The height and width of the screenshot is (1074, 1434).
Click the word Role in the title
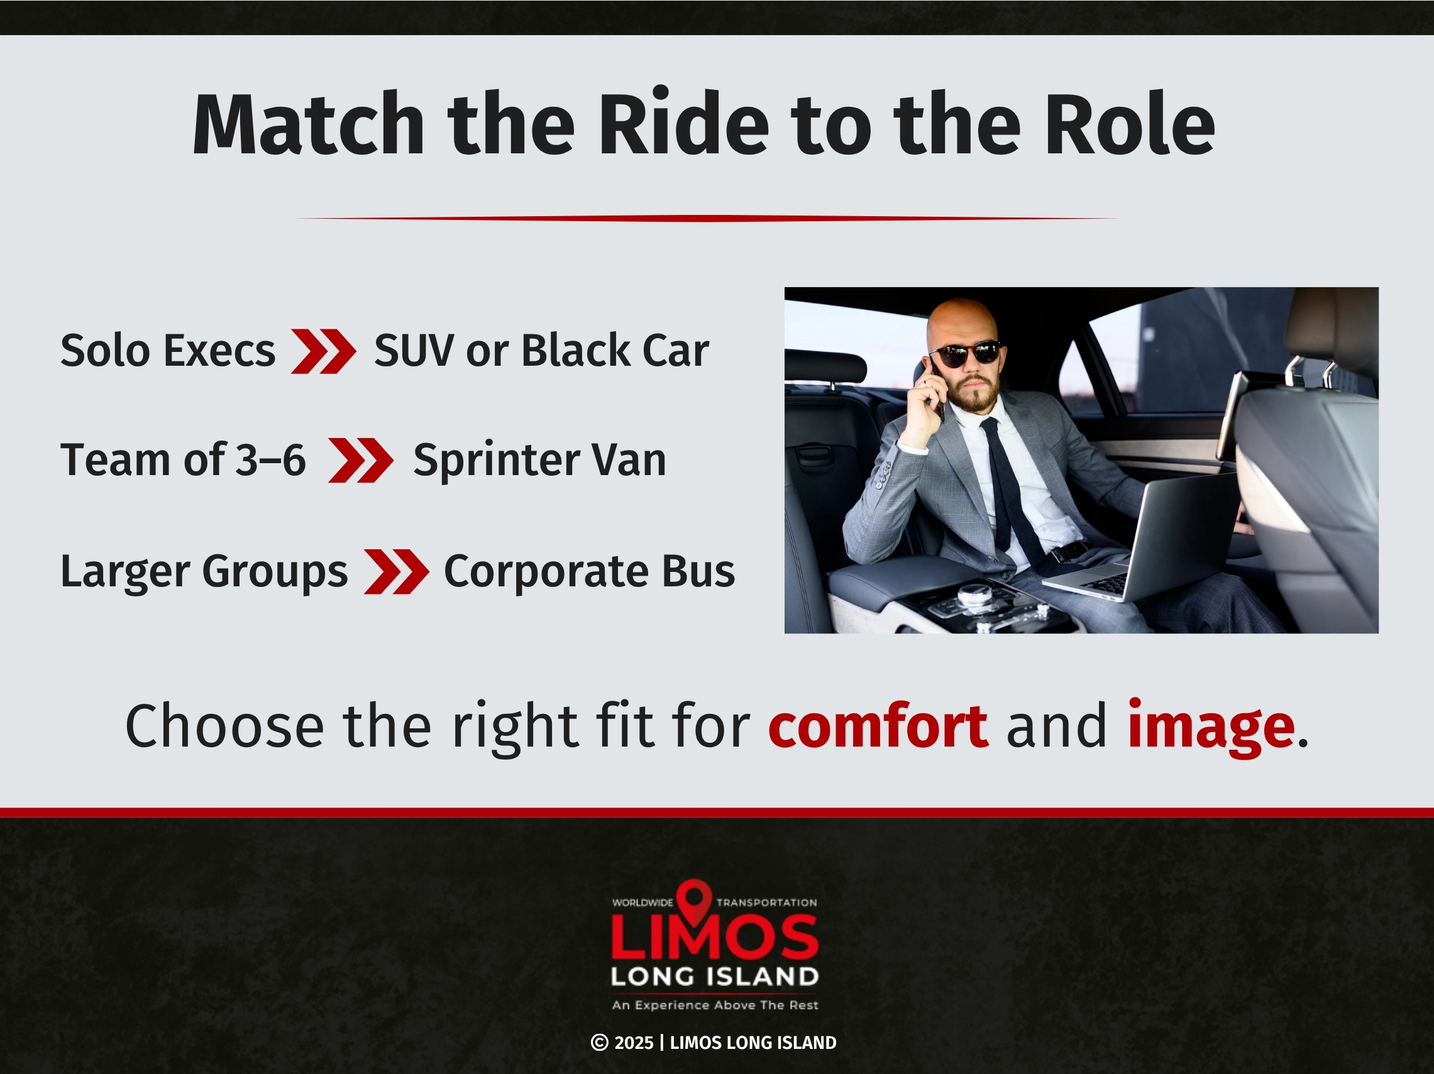pyautogui.click(x=1129, y=124)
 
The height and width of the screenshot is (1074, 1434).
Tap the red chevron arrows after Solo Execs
pyautogui.click(x=324, y=351)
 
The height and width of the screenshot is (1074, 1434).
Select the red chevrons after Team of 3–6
pyautogui.click(x=360, y=460)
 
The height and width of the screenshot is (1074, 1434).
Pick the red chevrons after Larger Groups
pyautogui.click(x=396, y=572)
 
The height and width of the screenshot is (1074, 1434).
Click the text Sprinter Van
pyautogui.click(x=539, y=460)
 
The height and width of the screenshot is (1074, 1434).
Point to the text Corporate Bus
pyautogui.click(x=589, y=572)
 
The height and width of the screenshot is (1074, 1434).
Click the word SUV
pyautogui.click(x=413, y=351)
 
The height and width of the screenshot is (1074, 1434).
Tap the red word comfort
pyautogui.click(x=878, y=726)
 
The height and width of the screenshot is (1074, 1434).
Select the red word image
pyautogui.click(x=1210, y=726)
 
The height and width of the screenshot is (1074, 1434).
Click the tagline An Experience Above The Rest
pyautogui.click(x=715, y=1006)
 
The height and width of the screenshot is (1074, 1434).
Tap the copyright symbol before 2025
pyautogui.click(x=600, y=1043)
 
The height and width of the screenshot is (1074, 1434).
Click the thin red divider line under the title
pyautogui.click(x=707, y=219)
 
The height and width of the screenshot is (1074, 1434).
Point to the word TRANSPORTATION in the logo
pyautogui.click(x=766, y=903)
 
